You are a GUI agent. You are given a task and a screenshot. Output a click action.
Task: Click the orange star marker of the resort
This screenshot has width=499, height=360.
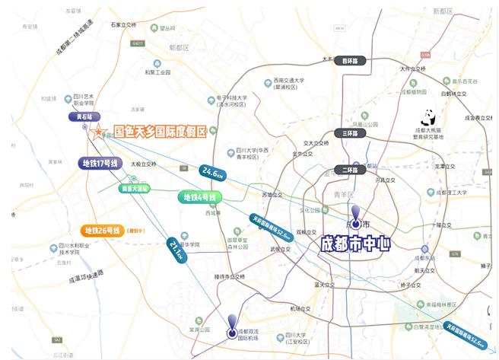tap(98, 132)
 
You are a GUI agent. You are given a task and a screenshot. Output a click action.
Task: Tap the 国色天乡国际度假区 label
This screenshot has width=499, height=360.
tap(159, 132)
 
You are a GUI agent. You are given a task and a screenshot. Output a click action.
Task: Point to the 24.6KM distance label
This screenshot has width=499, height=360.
tap(213, 174)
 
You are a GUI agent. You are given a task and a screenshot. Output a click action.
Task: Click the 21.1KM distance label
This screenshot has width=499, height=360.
tap(176, 250)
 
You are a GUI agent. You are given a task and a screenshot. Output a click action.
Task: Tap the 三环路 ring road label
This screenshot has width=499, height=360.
tap(349, 133)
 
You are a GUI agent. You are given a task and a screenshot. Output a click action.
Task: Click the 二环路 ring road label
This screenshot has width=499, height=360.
tap(349, 170)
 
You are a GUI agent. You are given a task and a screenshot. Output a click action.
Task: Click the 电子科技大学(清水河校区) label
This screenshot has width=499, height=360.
tap(231, 101)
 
